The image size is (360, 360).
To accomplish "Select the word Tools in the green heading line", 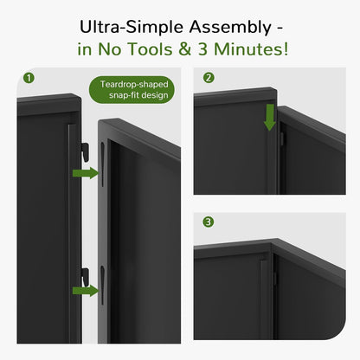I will (159, 49).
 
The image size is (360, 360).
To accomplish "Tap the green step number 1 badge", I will (30, 78).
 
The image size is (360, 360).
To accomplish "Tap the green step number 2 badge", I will (209, 78).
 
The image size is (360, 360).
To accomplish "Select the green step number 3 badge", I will (209, 222).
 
